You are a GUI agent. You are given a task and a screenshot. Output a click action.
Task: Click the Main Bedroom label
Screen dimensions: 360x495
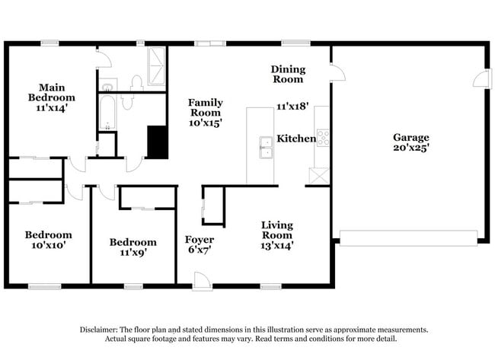(x=52, y=97)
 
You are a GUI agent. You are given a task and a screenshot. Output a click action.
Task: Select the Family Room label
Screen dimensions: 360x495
(x=205, y=112)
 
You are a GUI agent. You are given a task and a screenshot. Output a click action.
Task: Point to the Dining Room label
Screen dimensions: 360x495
(x=287, y=74)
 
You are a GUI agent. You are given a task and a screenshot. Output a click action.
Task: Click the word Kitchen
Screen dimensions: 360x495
(x=295, y=139)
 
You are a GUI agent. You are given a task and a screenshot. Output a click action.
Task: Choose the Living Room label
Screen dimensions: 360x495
(x=277, y=235)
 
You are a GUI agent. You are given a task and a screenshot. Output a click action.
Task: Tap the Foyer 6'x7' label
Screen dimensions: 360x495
(x=199, y=244)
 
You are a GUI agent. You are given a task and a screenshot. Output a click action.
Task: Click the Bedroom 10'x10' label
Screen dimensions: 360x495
(x=48, y=241)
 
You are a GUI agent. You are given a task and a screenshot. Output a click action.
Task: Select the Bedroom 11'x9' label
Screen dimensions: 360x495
(x=133, y=247)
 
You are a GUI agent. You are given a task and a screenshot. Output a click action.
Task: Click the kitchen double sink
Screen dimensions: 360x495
(x=266, y=148)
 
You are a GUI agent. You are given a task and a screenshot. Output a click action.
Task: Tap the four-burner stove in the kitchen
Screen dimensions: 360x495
(x=323, y=138)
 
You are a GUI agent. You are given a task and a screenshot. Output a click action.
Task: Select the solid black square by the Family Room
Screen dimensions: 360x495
(x=158, y=142)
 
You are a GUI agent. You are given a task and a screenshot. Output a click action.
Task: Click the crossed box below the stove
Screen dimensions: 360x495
(x=318, y=176)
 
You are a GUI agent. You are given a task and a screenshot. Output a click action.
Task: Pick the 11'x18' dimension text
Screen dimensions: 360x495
(x=292, y=107)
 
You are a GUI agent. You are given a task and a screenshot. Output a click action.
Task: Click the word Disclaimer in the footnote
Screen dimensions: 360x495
(x=101, y=330)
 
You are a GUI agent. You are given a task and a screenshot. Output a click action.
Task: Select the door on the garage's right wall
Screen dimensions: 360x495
(x=481, y=78)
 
